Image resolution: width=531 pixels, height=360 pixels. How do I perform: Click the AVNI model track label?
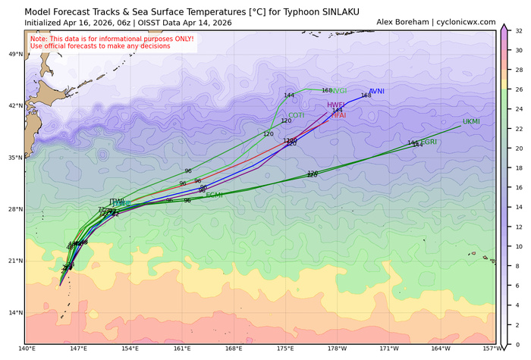(x=377, y=91)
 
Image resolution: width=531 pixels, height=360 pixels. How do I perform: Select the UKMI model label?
(x=471, y=121)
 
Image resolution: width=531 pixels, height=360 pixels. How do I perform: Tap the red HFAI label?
(x=338, y=115)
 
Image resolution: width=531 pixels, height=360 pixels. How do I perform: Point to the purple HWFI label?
(x=336, y=105)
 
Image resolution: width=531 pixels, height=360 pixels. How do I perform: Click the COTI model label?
(x=296, y=115)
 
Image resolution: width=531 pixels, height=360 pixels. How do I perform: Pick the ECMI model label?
(x=214, y=195)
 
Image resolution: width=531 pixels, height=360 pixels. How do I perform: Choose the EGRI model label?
(x=429, y=142)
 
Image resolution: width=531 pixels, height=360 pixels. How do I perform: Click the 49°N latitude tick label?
(x=14, y=55)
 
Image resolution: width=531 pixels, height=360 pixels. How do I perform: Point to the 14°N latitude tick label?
(x=14, y=312)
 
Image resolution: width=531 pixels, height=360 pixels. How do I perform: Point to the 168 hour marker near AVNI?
(x=366, y=95)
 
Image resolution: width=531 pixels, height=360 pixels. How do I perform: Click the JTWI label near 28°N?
(x=117, y=202)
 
